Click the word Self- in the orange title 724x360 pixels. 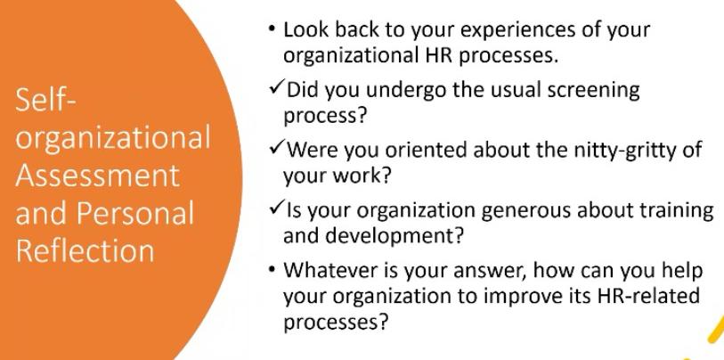[x=45, y=100]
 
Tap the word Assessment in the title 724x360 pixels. [x=97, y=176]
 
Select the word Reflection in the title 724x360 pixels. [x=85, y=250]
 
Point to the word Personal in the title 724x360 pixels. [x=134, y=213]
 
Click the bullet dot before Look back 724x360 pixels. [x=272, y=29]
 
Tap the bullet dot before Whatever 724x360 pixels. [x=272, y=270]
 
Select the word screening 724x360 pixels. [x=593, y=90]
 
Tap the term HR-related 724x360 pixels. [x=648, y=295]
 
